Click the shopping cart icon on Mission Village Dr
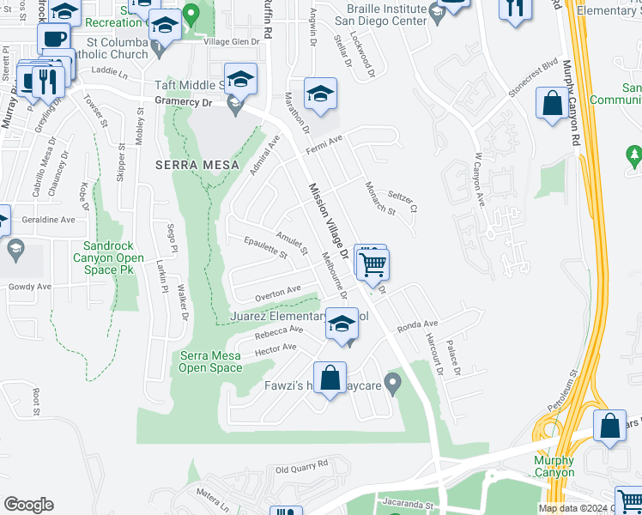(373, 264)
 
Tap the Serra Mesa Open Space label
(210, 362)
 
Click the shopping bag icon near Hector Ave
(330, 377)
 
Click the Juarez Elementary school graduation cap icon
(342, 324)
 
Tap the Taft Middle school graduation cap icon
(241, 79)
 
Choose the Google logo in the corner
(28, 505)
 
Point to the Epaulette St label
(264, 247)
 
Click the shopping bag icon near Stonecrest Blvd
(550, 104)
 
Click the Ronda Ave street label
(417, 325)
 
